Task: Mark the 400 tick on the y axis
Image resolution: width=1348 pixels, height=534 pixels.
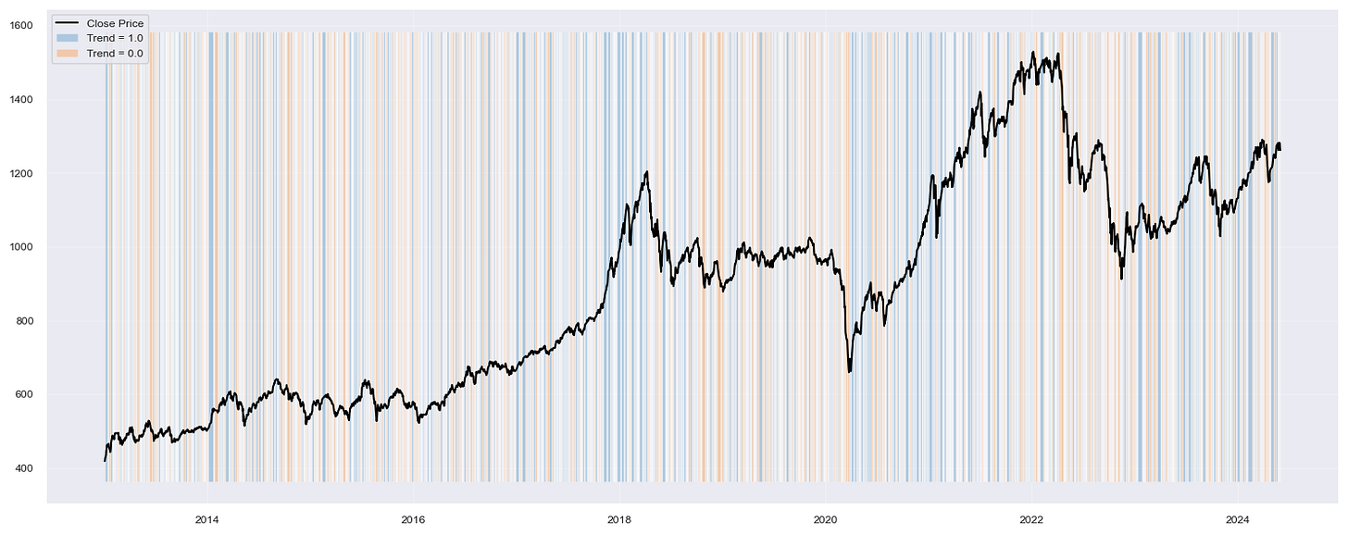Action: (24, 468)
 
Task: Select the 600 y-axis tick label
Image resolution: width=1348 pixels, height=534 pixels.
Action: (24, 395)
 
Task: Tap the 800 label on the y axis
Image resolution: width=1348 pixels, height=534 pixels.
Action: (24, 321)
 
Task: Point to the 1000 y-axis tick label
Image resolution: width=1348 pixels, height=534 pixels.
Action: (22, 247)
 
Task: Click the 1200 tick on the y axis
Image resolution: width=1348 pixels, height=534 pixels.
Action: (22, 173)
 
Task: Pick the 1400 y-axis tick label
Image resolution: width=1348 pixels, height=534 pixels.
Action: (22, 99)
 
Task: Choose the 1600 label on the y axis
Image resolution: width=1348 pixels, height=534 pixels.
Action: (22, 26)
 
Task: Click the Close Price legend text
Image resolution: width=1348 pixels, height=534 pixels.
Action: (116, 22)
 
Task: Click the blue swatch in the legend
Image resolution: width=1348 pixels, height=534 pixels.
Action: (68, 38)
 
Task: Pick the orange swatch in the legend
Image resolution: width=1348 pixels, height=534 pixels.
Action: (68, 54)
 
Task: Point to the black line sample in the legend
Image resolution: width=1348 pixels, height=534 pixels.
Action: (68, 22)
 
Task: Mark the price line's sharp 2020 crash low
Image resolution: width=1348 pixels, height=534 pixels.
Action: (849, 372)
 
